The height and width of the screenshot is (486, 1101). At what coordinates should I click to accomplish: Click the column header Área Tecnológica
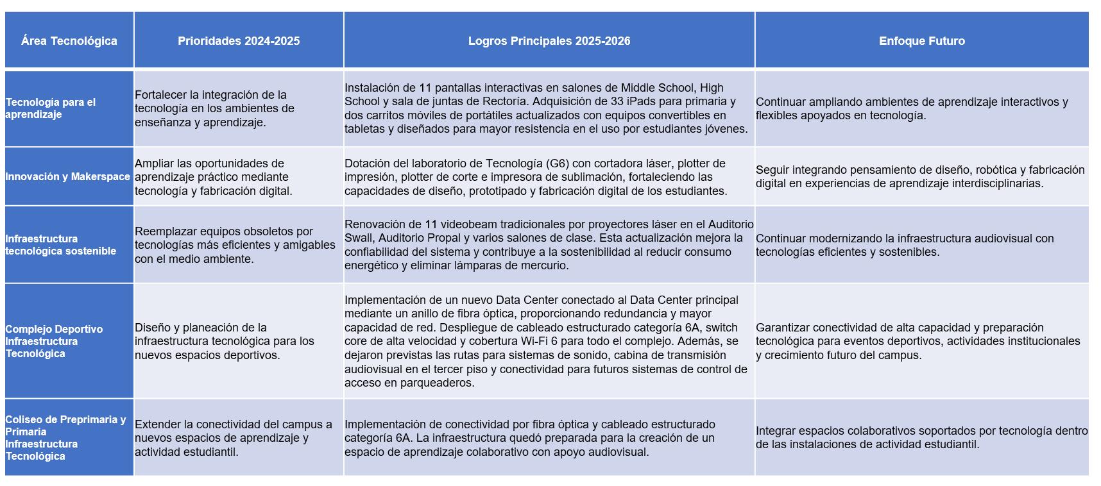(69, 41)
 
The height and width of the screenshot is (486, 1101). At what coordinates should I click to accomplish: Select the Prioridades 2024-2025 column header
(239, 41)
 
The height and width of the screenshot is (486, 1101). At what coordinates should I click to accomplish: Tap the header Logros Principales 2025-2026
(549, 41)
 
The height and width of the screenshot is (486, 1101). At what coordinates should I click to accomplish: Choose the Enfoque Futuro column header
(921, 41)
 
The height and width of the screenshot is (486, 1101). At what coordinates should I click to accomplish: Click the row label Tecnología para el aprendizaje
(51, 108)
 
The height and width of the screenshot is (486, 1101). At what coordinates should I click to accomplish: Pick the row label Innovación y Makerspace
(67, 177)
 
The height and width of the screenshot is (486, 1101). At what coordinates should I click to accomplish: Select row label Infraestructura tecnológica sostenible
(60, 245)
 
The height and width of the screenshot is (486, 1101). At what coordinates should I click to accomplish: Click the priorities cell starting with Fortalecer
(214, 108)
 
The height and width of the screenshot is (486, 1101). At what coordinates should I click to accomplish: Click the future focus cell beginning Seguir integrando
(919, 177)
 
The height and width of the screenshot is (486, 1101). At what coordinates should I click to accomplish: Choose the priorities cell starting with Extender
(233, 438)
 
